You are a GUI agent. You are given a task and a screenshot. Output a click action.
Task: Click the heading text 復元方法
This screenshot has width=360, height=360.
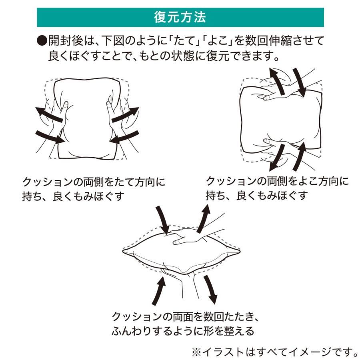tap(180, 18)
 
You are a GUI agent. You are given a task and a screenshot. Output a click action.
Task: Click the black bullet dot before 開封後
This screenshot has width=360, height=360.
tap(42, 41)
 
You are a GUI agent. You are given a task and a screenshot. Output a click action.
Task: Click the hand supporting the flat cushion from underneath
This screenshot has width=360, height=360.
tap(180, 280)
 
